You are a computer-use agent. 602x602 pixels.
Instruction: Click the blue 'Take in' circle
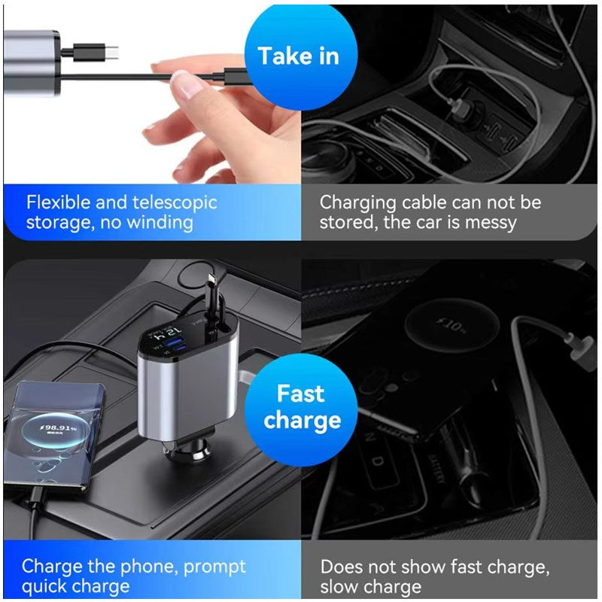click(299, 56)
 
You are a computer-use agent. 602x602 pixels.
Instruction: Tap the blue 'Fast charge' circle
click(301, 407)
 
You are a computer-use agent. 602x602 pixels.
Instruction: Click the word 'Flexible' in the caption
click(57, 202)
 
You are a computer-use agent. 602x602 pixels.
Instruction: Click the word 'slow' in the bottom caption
click(345, 586)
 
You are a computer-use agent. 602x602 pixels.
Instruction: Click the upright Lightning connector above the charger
click(207, 290)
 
